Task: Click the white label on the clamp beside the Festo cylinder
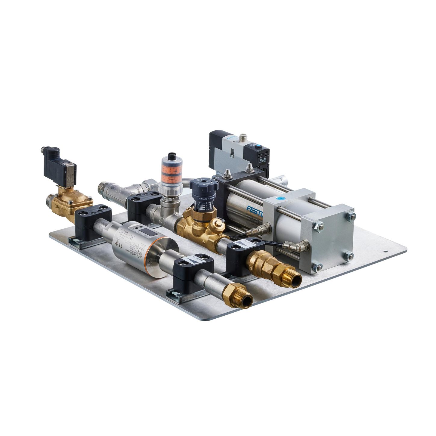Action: [x=242, y=242]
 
